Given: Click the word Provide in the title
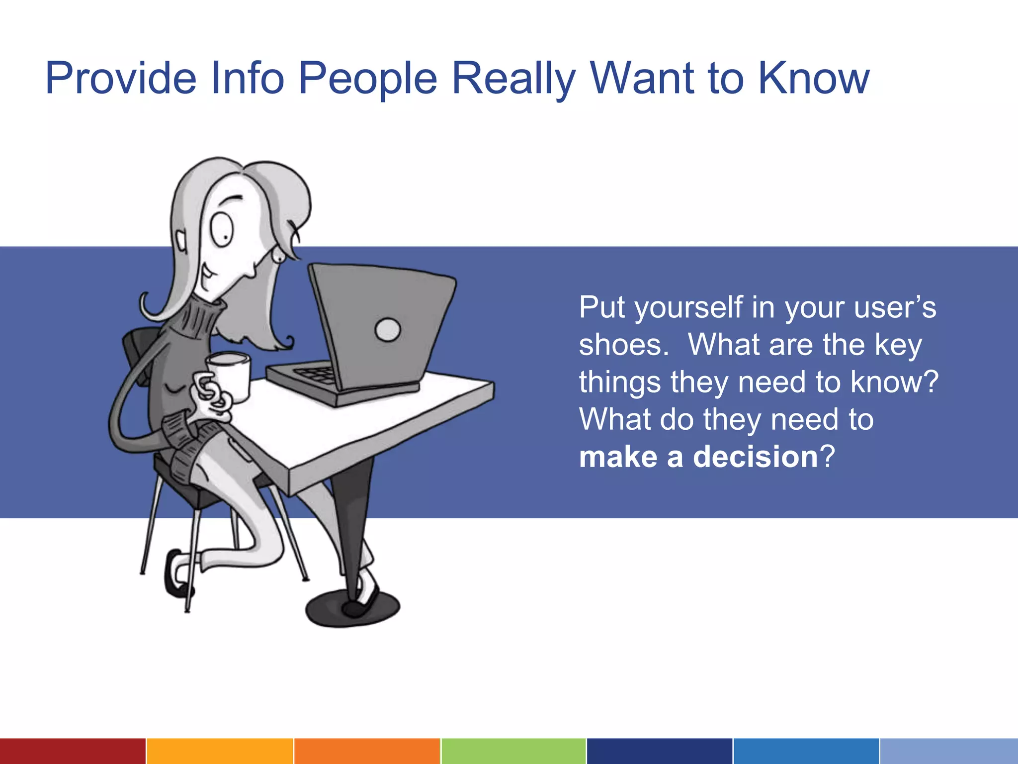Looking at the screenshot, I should pyautogui.click(x=121, y=79).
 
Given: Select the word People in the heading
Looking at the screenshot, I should pyautogui.click(x=367, y=79).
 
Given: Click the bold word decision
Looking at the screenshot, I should pyautogui.click(x=755, y=457).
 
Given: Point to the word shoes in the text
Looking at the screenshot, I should pyautogui.click(x=623, y=345).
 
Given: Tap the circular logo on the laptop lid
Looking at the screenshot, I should pyautogui.click(x=387, y=330).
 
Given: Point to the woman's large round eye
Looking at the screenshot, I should pyautogui.click(x=221, y=229).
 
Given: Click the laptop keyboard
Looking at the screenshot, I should pyautogui.click(x=316, y=373).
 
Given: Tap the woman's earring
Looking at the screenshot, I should pyautogui.click(x=278, y=256).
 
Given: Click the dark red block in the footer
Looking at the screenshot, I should pyautogui.click(x=73, y=751).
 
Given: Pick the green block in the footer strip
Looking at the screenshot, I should pyautogui.click(x=513, y=751).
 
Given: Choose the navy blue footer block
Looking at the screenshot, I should pyautogui.click(x=659, y=751).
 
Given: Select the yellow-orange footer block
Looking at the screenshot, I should pyautogui.click(x=219, y=751).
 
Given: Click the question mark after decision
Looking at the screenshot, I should pyautogui.click(x=828, y=457).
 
